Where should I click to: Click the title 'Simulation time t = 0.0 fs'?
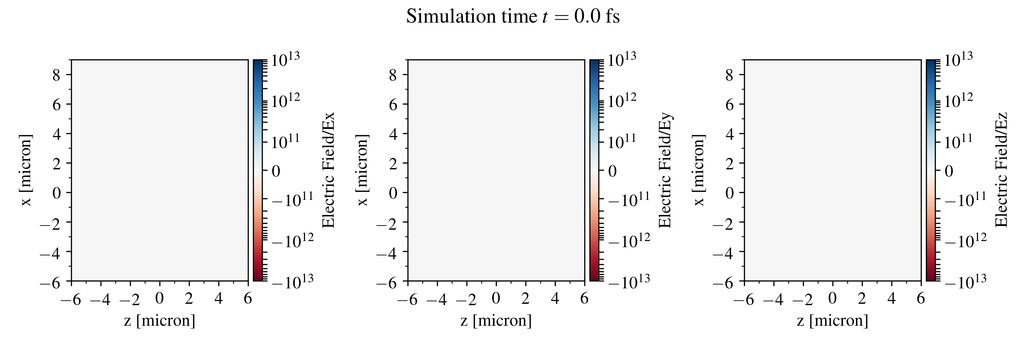click(x=513, y=17)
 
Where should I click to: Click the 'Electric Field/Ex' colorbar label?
click(x=328, y=170)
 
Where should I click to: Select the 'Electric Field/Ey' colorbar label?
click(x=665, y=170)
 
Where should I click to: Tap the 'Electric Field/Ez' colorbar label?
click(x=1001, y=170)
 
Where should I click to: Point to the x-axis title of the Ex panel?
click(x=160, y=321)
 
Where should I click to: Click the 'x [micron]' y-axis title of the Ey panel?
click(x=362, y=170)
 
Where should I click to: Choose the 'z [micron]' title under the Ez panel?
click(x=832, y=321)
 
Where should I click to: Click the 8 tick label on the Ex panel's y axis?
click(x=56, y=75)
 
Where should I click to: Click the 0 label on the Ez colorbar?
click(x=949, y=171)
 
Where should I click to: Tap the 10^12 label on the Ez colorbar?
click(x=958, y=100)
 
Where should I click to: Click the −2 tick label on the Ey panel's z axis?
click(x=466, y=299)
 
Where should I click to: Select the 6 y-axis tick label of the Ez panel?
click(x=730, y=105)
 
